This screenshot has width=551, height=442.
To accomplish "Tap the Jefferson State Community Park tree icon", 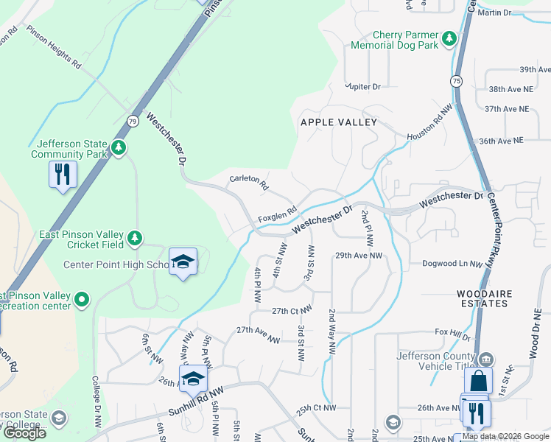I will pyautogui.click(x=118, y=148).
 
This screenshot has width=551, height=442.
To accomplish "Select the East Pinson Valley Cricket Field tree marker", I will pyautogui.click(x=133, y=237).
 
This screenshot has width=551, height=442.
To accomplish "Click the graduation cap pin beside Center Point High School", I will pyautogui.click(x=183, y=262).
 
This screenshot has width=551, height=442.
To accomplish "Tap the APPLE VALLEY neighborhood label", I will pyautogui.click(x=338, y=122).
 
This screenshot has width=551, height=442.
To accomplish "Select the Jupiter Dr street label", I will pyautogui.click(x=363, y=87).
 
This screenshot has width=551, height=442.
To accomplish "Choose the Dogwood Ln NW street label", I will pyautogui.click(x=452, y=264).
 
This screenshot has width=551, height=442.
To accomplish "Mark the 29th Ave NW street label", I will pyautogui.click(x=359, y=256).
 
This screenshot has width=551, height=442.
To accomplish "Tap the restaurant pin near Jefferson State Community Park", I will pyautogui.click(x=63, y=175).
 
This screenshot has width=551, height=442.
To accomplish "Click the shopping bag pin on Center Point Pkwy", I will pyautogui.click(x=478, y=382).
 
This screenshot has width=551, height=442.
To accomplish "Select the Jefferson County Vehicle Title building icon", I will pyautogui.click(x=485, y=359).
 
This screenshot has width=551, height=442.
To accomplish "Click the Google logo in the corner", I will pyautogui.click(x=24, y=433).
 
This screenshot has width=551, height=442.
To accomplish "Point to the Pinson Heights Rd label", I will pyautogui.click(x=54, y=48).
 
